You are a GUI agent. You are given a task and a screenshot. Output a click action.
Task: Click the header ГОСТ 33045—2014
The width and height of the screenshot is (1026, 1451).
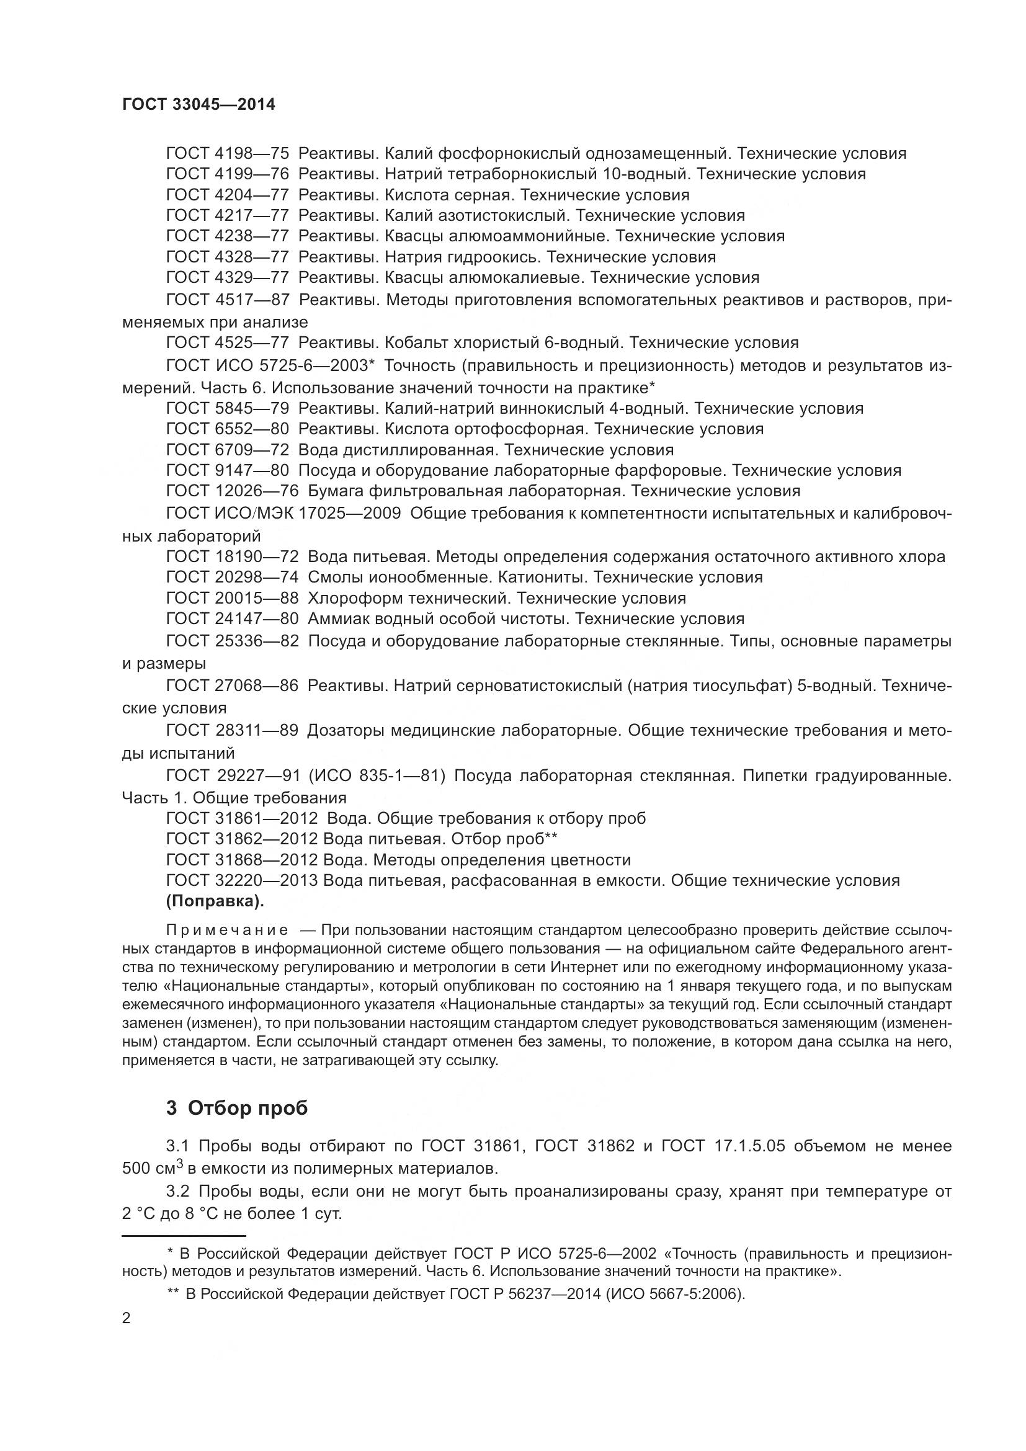(x=199, y=105)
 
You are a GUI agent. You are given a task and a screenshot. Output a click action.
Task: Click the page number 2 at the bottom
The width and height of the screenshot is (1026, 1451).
(x=127, y=1318)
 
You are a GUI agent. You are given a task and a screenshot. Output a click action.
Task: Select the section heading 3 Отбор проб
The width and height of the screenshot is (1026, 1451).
(x=237, y=1108)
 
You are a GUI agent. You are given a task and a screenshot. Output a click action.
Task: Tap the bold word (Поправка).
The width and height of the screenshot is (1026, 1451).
(x=215, y=902)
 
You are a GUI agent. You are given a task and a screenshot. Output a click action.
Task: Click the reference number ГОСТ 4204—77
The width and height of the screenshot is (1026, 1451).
(x=228, y=195)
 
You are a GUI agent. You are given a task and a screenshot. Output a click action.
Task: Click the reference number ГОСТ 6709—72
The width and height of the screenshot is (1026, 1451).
(x=228, y=450)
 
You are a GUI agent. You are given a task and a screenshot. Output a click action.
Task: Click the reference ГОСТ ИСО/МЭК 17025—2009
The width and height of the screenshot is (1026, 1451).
(x=283, y=513)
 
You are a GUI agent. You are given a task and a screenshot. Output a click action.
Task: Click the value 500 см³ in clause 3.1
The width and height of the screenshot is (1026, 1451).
(x=152, y=1168)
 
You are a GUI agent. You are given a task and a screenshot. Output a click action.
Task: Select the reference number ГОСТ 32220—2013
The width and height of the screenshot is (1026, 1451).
(x=241, y=880)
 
